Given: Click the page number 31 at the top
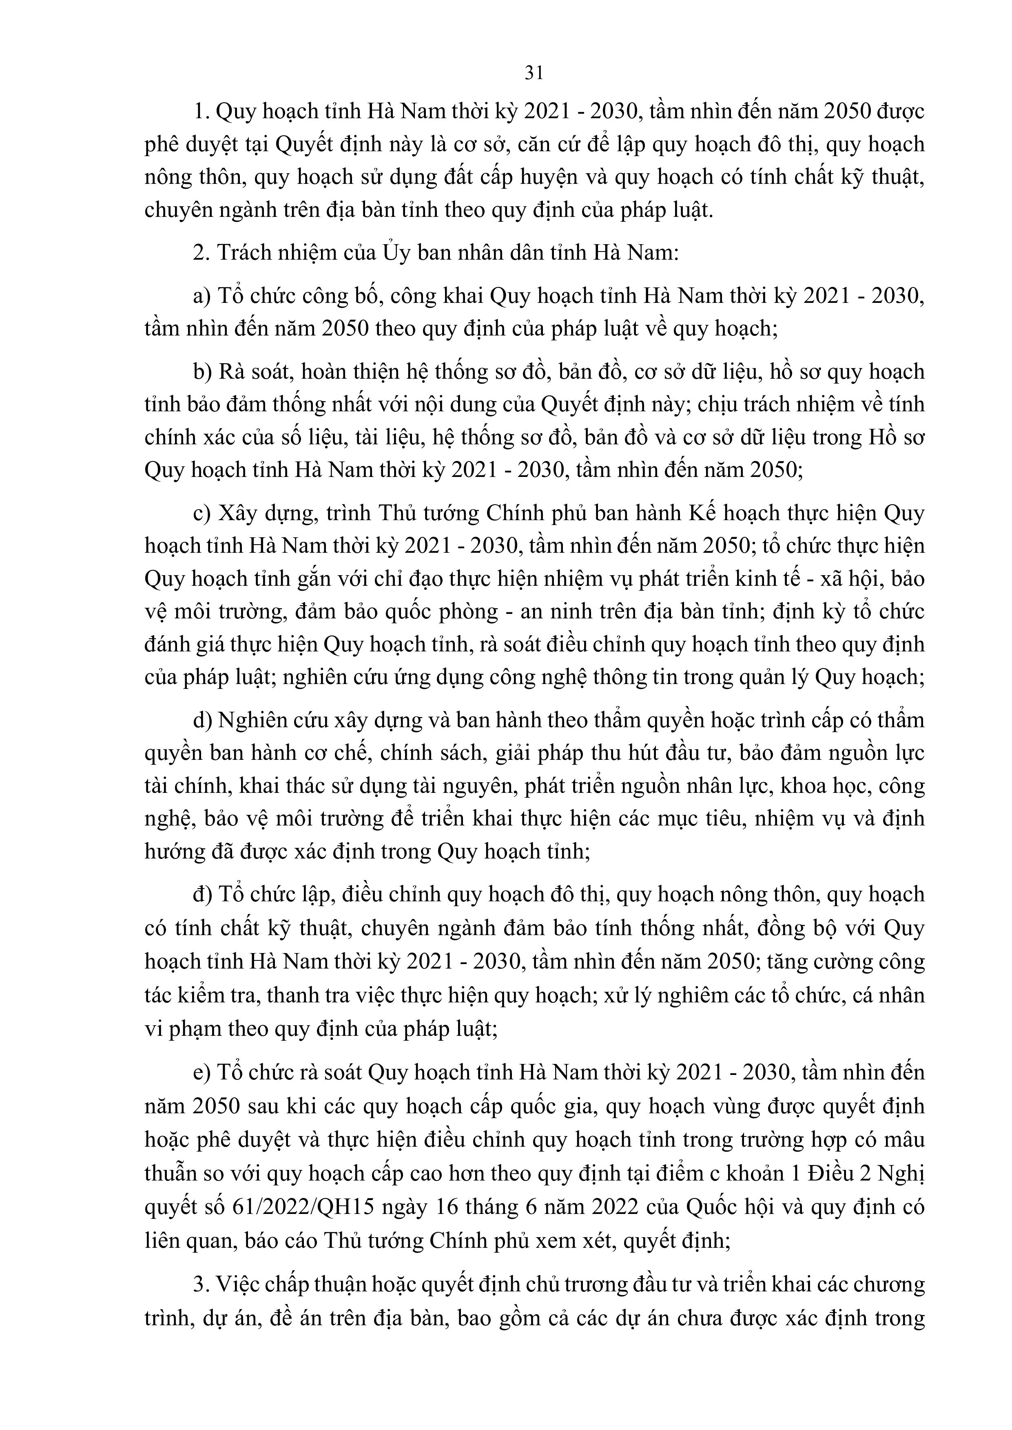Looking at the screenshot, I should [x=534, y=73].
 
